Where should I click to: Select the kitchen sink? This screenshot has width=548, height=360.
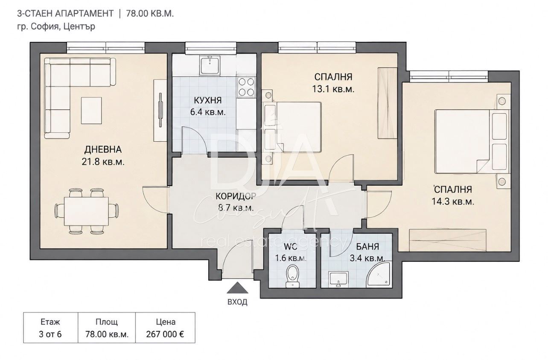click(x=210, y=65)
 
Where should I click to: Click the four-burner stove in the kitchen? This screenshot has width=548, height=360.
click(x=246, y=87)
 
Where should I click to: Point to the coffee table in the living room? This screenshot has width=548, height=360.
click(x=91, y=110)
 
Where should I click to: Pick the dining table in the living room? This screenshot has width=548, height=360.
click(x=86, y=211)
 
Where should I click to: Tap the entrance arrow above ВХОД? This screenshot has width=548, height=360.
click(x=237, y=288)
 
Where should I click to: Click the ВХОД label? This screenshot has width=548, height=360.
click(x=237, y=302)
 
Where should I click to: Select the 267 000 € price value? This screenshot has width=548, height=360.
click(x=165, y=334)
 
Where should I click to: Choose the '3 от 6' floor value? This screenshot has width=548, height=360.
click(x=50, y=334)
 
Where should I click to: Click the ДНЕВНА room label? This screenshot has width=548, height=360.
click(x=103, y=149)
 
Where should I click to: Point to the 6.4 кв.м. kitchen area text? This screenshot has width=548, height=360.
click(x=208, y=112)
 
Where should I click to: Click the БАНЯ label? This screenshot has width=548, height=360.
click(x=367, y=247)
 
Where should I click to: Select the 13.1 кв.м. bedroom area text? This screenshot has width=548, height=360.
click(x=333, y=89)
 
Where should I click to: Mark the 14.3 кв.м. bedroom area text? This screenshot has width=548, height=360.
click(x=453, y=202)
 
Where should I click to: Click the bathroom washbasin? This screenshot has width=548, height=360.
click(x=338, y=279)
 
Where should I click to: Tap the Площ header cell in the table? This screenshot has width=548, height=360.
click(x=107, y=322)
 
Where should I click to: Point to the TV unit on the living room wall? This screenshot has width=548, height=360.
click(x=160, y=110)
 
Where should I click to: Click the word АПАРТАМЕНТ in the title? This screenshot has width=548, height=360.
click(x=85, y=14)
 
